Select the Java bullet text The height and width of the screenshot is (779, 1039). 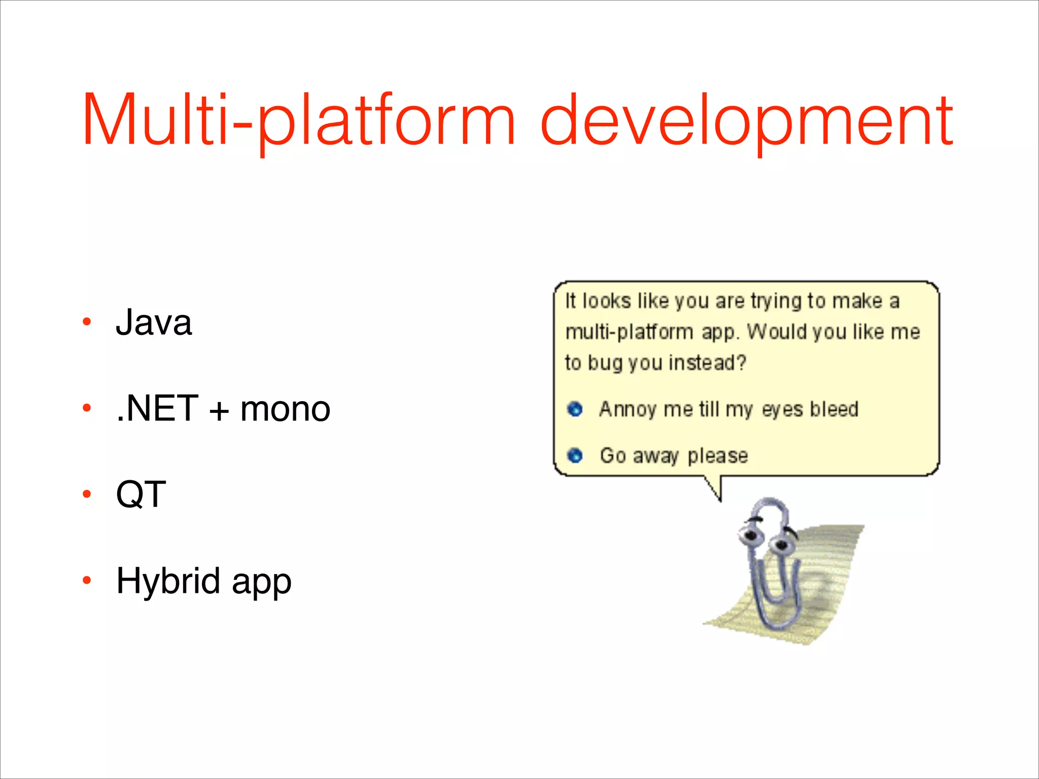(x=154, y=323)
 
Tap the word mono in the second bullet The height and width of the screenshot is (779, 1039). (x=285, y=409)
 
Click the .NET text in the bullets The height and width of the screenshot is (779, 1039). (x=157, y=409)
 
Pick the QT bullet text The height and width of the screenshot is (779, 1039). (x=141, y=494)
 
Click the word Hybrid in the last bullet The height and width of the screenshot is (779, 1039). (x=168, y=581)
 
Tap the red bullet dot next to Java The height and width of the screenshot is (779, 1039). (x=87, y=322)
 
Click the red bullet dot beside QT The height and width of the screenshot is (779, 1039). (x=87, y=494)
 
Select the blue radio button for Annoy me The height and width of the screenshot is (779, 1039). (x=575, y=409)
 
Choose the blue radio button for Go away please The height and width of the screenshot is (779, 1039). (x=575, y=455)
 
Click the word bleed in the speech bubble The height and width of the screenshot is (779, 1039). (x=834, y=409)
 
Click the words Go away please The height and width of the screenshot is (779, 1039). (x=674, y=456)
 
